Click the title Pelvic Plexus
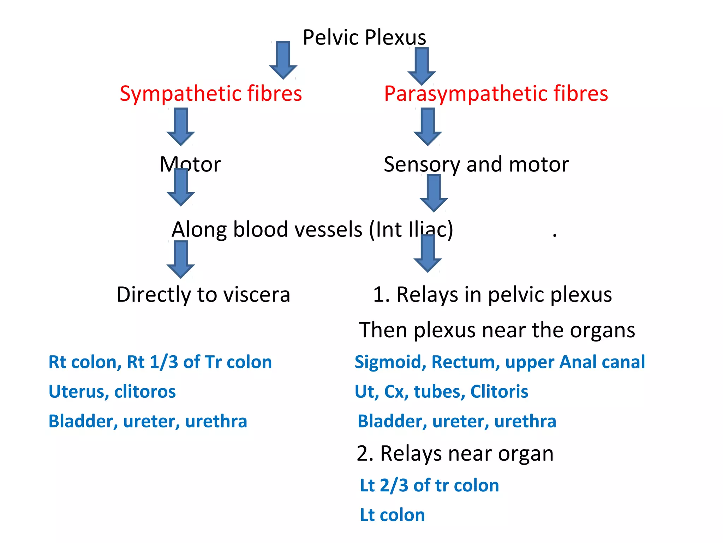point(364,37)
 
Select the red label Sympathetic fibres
point(211,94)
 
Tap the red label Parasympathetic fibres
point(496,94)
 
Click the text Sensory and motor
point(476,164)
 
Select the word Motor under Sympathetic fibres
point(190,164)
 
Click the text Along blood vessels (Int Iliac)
point(312,229)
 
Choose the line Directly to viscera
point(203,294)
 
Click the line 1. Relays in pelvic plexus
point(492,294)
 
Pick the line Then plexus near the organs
point(497,330)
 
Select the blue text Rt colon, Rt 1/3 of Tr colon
point(160,362)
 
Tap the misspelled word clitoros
point(145,392)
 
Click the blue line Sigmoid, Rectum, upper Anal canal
point(500,362)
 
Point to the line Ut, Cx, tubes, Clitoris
point(441,392)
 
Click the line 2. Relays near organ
point(455,454)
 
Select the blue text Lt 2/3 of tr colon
point(429,485)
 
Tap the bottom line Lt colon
point(392,515)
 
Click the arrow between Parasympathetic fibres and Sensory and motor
point(428,127)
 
